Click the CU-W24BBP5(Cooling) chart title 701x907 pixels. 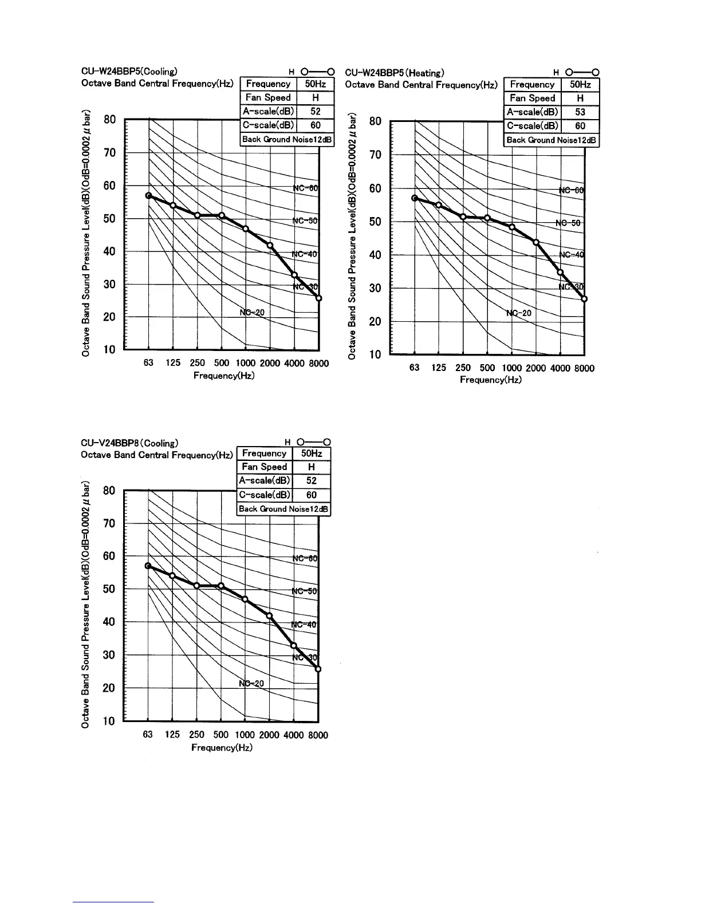[x=129, y=72]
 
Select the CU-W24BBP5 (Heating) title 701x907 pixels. [x=395, y=73]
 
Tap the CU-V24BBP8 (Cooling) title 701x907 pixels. [x=129, y=443]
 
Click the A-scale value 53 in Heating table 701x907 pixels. [x=580, y=112]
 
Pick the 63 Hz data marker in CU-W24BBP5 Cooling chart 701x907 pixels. [x=148, y=196]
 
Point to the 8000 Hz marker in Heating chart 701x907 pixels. [x=584, y=299]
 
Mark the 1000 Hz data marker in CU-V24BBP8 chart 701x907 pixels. [x=245, y=599]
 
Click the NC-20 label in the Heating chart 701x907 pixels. [x=519, y=313]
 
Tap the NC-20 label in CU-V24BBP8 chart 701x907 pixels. [x=251, y=683]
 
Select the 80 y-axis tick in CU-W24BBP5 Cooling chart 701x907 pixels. [x=110, y=120]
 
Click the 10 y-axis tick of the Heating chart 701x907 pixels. [x=375, y=355]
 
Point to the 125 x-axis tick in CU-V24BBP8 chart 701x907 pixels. [x=172, y=735]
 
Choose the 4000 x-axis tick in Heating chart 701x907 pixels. [x=560, y=368]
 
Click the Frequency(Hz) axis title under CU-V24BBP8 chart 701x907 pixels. [x=222, y=747]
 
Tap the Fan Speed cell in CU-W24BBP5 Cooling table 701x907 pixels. [x=268, y=98]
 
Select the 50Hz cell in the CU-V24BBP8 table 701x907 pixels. [x=312, y=453]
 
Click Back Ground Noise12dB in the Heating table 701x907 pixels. [x=551, y=140]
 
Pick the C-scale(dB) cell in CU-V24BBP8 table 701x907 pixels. [x=265, y=495]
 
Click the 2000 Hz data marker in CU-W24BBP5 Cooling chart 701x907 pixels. [x=270, y=245]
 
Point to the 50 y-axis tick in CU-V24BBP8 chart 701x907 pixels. [x=109, y=589]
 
